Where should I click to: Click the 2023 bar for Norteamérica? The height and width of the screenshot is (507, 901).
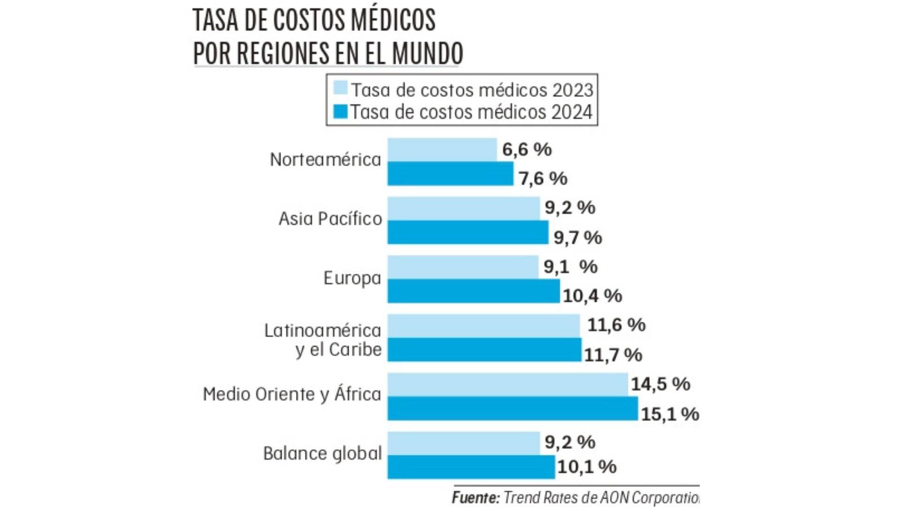point(442,150)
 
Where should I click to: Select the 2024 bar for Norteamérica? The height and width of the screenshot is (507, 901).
point(450,174)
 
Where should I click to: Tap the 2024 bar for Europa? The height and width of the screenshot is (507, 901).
point(473,291)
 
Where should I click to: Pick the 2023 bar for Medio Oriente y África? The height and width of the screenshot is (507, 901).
point(507,384)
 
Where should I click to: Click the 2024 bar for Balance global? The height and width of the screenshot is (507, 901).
point(471,467)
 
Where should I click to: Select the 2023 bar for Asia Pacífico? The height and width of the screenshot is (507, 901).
point(463,208)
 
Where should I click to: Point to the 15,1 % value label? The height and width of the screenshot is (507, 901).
point(670,414)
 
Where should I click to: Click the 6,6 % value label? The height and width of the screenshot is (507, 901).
point(527,149)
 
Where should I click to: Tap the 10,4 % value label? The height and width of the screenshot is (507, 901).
point(592,296)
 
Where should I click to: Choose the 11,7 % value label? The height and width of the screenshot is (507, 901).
point(612,355)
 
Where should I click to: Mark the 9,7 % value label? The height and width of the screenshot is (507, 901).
point(577,238)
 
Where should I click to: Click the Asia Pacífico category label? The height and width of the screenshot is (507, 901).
point(330,219)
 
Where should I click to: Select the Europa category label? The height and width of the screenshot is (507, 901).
point(352,278)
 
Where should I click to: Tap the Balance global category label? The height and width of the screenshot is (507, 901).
point(322,453)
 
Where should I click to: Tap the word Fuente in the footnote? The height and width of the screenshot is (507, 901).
point(475,498)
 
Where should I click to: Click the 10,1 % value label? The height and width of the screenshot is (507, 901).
point(587,467)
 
